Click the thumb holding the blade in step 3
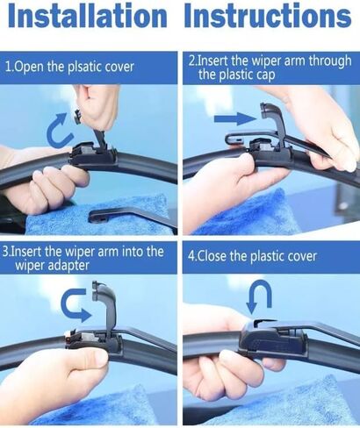point(88,358)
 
